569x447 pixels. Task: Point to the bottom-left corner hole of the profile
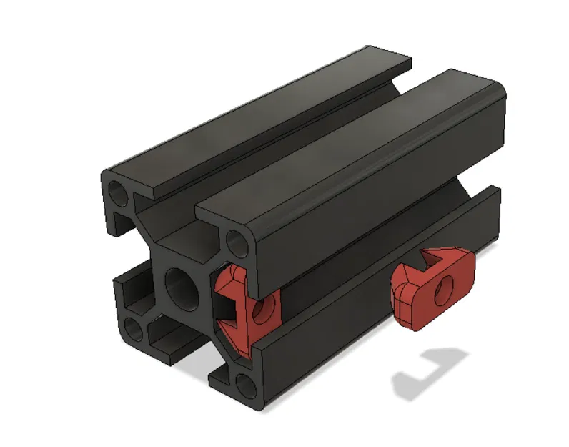pyautogui.click(x=133, y=330)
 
